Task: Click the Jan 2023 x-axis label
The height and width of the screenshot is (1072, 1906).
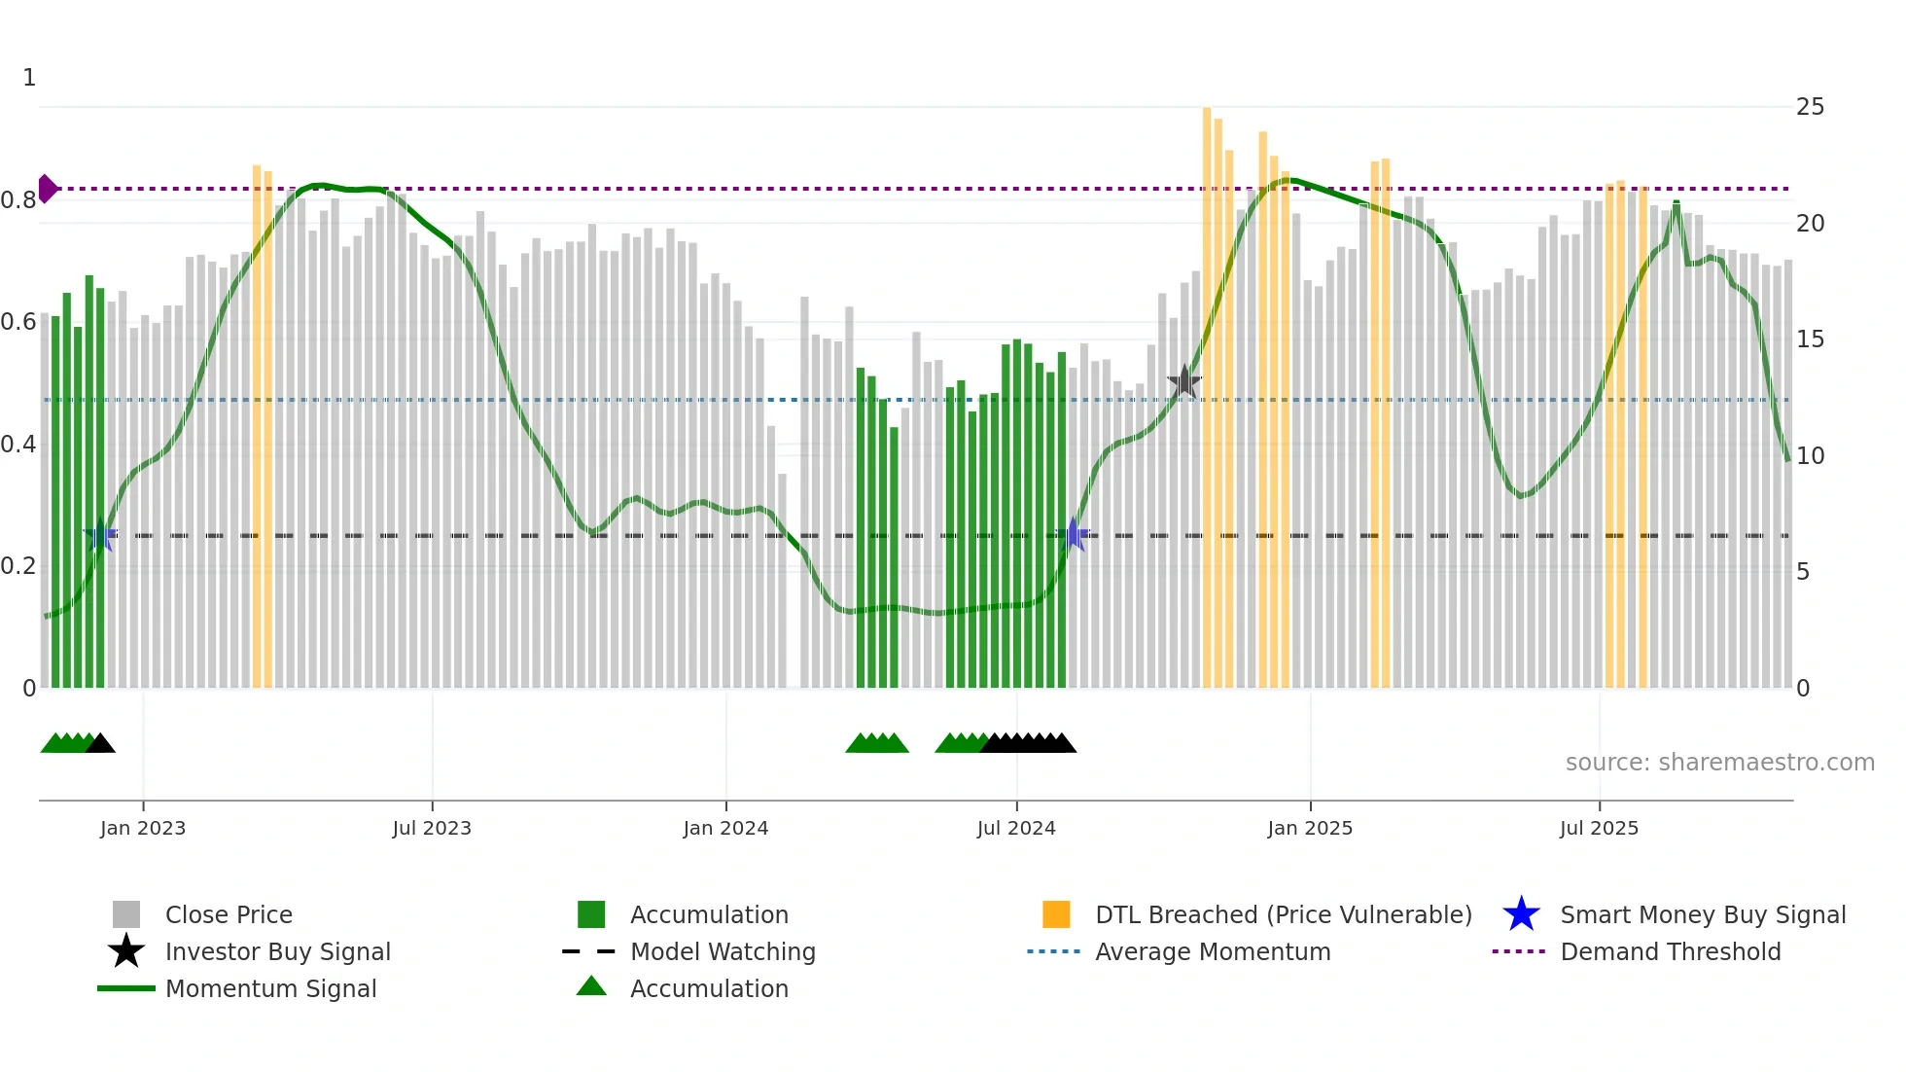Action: (x=143, y=828)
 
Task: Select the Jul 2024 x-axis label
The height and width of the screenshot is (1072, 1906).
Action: (x=1016, y=828)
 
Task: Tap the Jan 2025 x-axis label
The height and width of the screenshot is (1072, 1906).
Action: (x=1310, y=828)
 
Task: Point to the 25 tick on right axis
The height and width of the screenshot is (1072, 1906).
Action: (x=1810, y=107)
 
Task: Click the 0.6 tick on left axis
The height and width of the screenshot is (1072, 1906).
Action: (x=19, y=322)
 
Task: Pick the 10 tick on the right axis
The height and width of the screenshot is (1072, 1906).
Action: (x=1810, y=455)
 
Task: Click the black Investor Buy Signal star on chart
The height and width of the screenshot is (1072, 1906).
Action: (x=1184, y=382)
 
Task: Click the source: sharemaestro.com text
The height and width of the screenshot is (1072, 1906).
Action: (x=1719, y=763)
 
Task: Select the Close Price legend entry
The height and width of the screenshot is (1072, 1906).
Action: (x=229, y=914)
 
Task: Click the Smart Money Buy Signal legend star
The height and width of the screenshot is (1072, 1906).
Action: (x=1521, y=914)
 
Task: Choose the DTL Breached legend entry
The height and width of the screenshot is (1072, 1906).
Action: (x=1283, y=914)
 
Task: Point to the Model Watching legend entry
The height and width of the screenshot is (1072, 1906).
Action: (x=723, y=951)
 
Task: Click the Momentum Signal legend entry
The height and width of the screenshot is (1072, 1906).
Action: (x=270, y=988)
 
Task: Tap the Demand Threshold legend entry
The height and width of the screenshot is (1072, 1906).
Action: (x=1670, y=951)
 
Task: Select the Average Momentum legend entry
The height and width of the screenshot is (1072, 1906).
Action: (x=1213, y=951)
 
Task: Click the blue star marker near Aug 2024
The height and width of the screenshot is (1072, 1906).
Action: (x=1074, y=534)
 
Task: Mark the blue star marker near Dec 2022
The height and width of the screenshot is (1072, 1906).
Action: (x=100, y=535)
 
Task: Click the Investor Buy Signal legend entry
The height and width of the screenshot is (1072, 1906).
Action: (x=277, y=951)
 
